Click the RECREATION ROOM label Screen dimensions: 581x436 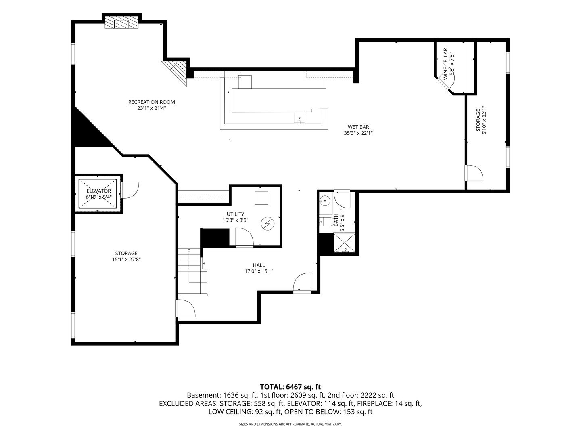(151, 102)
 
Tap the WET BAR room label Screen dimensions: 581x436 (358, 127)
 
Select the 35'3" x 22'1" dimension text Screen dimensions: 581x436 (358, 133)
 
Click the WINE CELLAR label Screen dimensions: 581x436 (445, 64)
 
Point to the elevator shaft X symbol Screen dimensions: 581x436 (98, 193)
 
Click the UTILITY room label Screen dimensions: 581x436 (235, 214)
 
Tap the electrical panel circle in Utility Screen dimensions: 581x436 (268, 224)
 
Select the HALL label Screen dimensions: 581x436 (259, 265)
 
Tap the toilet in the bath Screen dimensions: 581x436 (327, 222)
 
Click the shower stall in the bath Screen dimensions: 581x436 (344, 243)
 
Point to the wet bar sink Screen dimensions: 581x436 (299, 118)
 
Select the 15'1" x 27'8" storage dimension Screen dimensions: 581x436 (126, 260)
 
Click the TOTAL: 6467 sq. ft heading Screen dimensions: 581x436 (290, 387)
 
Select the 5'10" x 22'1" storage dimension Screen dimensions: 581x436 (484, 120)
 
